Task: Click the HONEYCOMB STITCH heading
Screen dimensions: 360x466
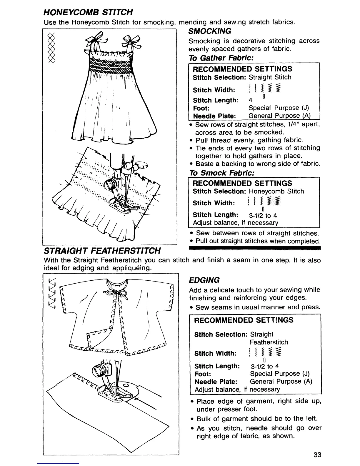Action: (x=88, y=12)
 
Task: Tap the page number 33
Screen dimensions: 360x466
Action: (x=317, y=455)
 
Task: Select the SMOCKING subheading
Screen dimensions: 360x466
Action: (x=210, y=31)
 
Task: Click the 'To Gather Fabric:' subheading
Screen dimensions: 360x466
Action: (x=221, y=58)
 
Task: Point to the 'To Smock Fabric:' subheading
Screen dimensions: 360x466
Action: (x=222, y=173)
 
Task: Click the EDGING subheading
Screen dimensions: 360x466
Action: (x=204, y=280)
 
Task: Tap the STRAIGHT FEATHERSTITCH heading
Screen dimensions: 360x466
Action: (x=102, y=250)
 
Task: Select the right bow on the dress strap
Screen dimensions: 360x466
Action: (x=131, y=41)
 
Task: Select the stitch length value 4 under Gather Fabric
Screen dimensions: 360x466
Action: (x=250, y=100)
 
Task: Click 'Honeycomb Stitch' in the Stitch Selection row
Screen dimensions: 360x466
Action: (x=276, y=191)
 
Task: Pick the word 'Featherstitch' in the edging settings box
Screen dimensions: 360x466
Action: (x=269, y=342)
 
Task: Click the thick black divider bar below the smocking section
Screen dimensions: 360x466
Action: (x=255, y=248)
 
